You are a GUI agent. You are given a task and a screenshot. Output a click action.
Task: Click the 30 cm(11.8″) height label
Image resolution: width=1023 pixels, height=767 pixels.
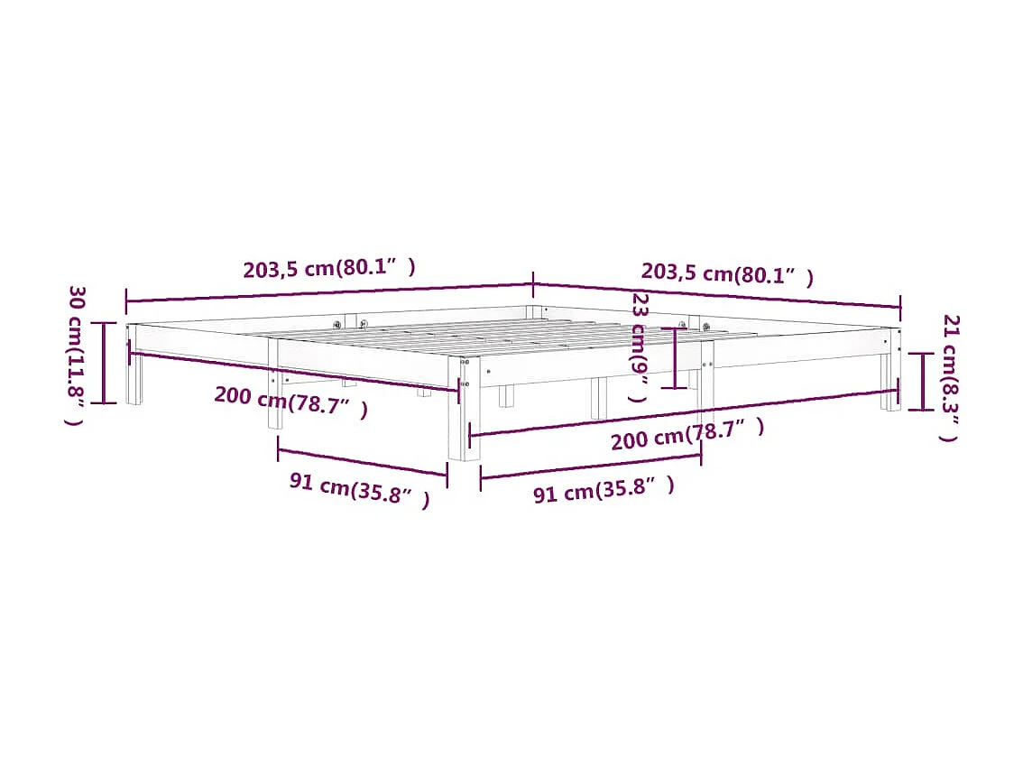[77, 356]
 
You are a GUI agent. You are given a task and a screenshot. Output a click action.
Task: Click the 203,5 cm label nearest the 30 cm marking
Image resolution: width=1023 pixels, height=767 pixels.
[329, 268]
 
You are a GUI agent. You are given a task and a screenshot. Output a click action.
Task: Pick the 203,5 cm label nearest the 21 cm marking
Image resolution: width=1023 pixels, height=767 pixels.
[727, 273]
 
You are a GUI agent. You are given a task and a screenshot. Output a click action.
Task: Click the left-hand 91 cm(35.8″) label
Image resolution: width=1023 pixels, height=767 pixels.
[359, 490]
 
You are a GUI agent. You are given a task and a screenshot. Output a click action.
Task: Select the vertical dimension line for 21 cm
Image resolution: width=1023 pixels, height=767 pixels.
[921, 381]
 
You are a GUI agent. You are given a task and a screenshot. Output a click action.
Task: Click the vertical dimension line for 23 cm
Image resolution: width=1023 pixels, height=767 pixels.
[675, 358]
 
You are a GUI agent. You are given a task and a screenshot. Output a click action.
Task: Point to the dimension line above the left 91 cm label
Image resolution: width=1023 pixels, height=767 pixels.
[363, 461]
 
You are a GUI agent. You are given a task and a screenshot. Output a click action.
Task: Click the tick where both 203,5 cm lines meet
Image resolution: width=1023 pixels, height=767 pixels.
[533, 284]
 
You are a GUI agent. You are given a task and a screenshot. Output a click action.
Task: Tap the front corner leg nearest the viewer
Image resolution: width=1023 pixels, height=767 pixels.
[465, 424]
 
